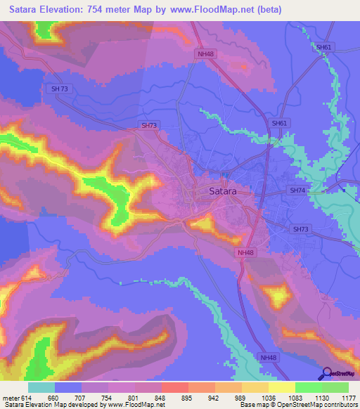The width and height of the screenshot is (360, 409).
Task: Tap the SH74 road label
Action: click(x=300, y=190)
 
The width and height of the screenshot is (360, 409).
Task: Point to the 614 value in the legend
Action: click(x=25, y=397)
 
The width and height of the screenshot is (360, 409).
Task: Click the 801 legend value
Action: click(x=134, y=397)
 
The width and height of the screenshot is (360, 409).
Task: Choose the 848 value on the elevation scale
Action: click(x=161, y=397)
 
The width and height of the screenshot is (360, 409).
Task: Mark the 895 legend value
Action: click(x=188, y=397)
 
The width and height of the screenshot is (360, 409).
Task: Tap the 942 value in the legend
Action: click(x=214, y=397)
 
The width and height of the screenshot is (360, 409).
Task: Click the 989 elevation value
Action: click(x=241, y=397)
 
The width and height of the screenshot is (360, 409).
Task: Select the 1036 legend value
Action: click(x=268, y=397)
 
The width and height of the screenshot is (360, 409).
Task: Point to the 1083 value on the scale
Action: click(x=295, y=397)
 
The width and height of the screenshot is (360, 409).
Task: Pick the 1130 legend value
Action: click(x=321, y=397)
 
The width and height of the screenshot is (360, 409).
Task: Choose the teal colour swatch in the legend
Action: click(x=41, y=387)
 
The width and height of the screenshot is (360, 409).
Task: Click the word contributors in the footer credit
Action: click(x=341, y=405)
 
